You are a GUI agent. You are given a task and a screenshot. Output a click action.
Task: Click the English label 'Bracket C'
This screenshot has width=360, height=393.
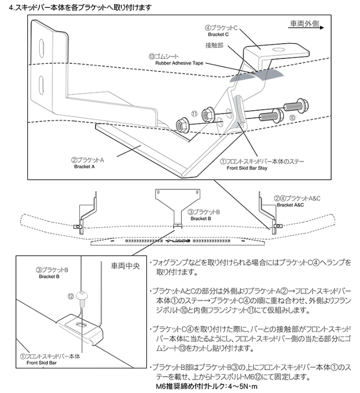click(219, 34)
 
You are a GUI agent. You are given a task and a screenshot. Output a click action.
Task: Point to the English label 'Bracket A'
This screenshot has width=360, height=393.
click(85, 167)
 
